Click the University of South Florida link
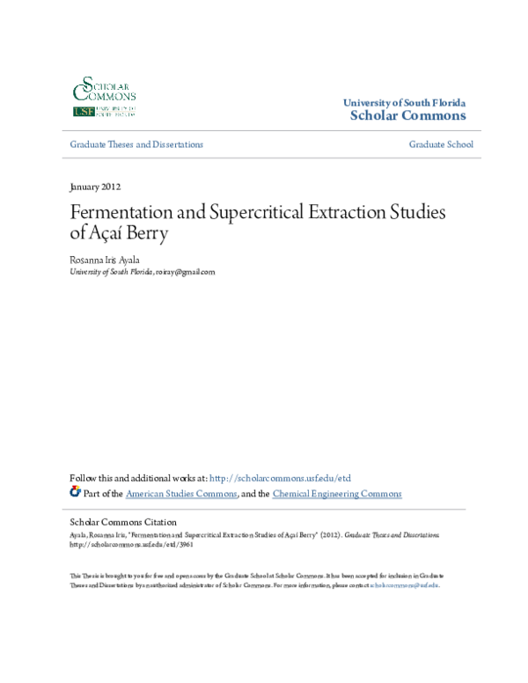pyautogui.click(x=404, y=103)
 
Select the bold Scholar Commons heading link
pyautogui.click(x=408, y=115)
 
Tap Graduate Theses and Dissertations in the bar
pyautogui.click(x=136, y=144)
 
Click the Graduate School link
pyautogui.click(x=441, y=144)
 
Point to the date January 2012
pyautogui.click(x=94, y=187)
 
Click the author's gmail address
pyautogui.click(x=185, y=273)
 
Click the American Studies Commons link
pyautogui.click(x=181, y=494)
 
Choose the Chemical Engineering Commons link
pyautogui.click(x=337, y=494)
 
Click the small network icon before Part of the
pyautogui.click(x=75, y=492)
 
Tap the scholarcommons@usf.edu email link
pyautogui.click(x=403, y=584)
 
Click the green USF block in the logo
pyautogui.click(x=84, y=112)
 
